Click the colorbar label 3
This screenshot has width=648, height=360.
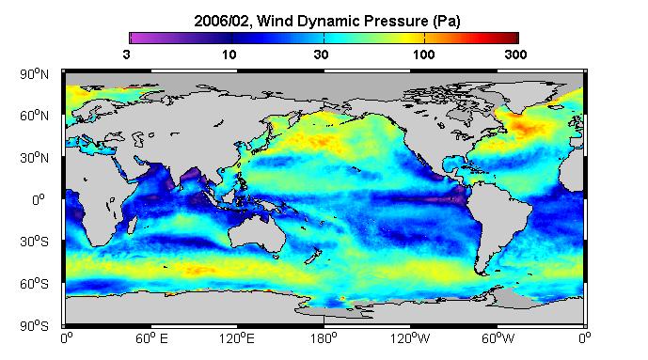[x=126, y=55]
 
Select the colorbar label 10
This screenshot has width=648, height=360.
[x=229, y=55]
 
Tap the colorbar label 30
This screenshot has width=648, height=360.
[x=321, y=55]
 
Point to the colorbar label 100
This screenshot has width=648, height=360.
[x=423, y=55]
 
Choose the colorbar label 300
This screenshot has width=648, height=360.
[x=515, y=55]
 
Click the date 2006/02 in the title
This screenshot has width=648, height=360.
[x=222, y=21]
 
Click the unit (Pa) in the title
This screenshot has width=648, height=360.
[x=447, y=21]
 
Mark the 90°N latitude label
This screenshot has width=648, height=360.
[x=34, y=74]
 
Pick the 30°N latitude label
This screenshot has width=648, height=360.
[x=34, y=158]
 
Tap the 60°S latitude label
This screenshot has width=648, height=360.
[x=34, y=284]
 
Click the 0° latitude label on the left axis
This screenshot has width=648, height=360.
[x=38, y=200]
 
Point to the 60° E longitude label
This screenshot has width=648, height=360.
[x=151, y=339]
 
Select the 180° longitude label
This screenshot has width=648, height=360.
[x=324, y=339]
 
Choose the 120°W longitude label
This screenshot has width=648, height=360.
[x=410, y=339]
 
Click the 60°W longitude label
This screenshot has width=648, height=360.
[x=498, y=339]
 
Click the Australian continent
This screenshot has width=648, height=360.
[x=257, y=234]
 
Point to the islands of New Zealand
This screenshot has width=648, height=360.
[x=312, y=256]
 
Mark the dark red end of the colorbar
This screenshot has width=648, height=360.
[x=514, y=38]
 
